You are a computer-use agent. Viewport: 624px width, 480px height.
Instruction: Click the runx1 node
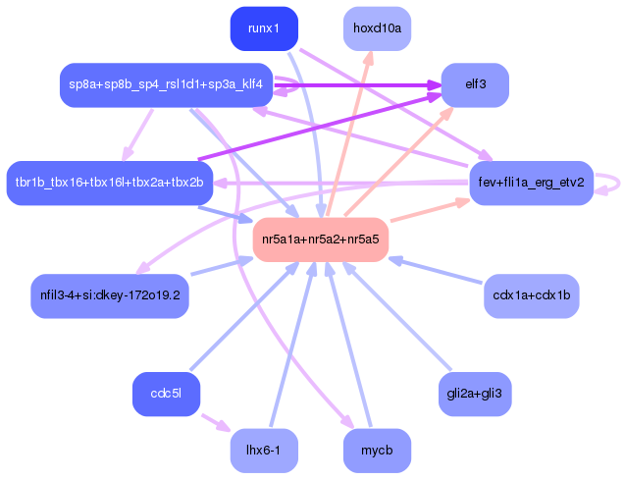click(x=264, y=28)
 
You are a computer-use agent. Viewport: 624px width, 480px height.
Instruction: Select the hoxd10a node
click(x=377, y=28)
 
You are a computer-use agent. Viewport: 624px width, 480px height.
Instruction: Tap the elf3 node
click(x=476, y=84)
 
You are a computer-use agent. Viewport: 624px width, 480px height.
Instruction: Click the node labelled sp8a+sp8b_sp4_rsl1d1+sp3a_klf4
click(x=165, y=84)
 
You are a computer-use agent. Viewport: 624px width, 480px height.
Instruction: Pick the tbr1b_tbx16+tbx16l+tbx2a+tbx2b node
click(x=109, y=183)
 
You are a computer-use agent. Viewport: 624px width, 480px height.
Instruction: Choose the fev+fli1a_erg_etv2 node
click(x=531, y=183)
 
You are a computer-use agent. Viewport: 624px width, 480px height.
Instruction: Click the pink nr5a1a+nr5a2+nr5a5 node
click(x=321, y=240)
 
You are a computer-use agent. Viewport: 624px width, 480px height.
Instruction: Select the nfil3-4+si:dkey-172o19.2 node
click(x=110, y=294)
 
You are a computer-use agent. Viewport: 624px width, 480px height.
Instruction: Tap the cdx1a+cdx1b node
click(x=532, y=294)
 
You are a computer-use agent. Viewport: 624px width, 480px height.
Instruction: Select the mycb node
click(x=377, y=451)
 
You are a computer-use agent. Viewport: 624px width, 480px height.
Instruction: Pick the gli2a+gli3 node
click(x=476, y=395)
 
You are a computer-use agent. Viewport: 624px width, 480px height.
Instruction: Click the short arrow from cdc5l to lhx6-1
click(x=215, y=422)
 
